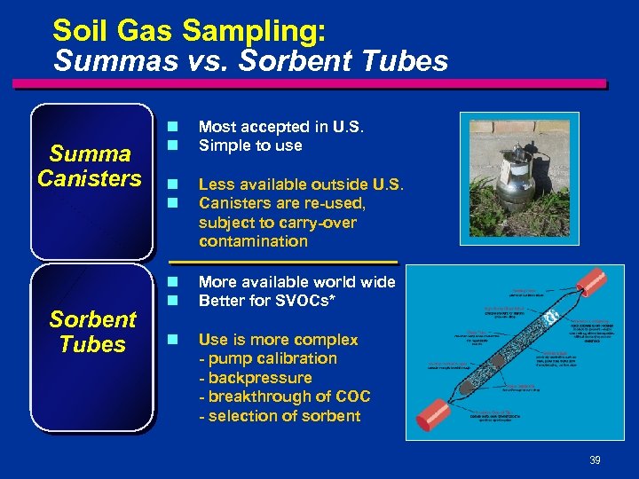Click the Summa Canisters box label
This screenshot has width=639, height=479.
pos(91,167)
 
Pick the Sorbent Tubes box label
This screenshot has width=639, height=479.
pos(92,332)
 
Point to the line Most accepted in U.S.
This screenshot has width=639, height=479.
pos(281,126)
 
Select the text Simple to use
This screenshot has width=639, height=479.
pos(250,145)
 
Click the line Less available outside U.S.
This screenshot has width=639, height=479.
pos(301,185)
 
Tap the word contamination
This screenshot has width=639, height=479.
pos(253,241)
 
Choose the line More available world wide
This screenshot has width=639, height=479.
pos(296,282)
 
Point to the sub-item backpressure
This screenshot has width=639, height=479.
pos(256,378)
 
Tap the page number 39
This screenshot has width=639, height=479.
pos(594,459)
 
